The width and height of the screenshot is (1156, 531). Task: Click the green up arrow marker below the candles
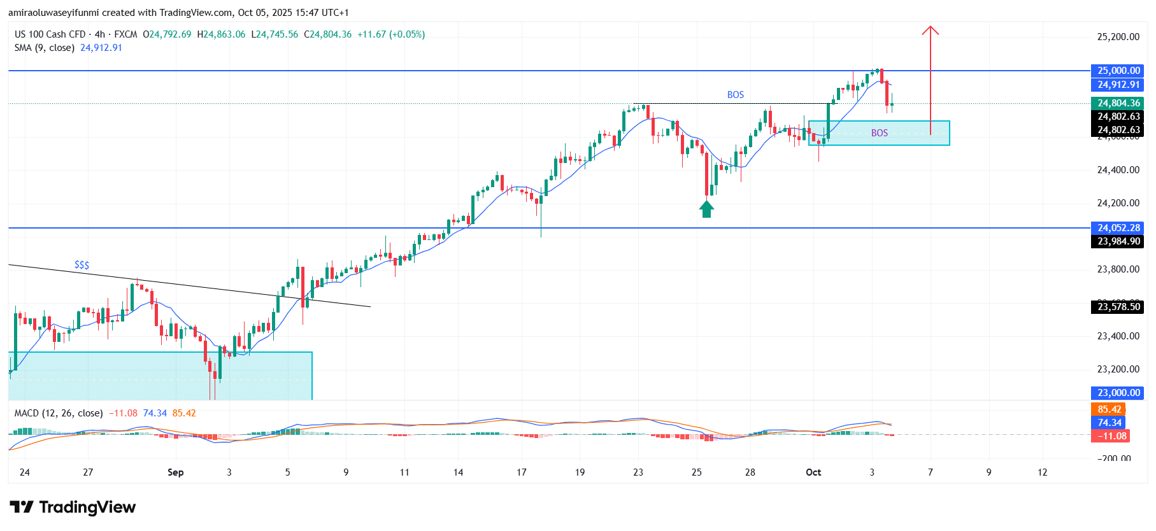coord(706,209)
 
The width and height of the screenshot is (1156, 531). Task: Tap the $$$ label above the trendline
coord(82,265)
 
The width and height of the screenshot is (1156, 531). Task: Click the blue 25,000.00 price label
coord(1118,71)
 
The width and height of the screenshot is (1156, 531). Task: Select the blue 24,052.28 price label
coord(1118,228)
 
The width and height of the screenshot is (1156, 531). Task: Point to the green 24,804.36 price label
coord(1118,103)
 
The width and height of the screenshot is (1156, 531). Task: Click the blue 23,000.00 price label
coord(1118,393)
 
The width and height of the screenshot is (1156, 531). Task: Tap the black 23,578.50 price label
coord(1118,307)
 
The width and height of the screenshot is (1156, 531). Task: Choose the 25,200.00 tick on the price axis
coord(1118,37)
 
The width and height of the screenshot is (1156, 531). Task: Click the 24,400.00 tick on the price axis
coord(1118,170)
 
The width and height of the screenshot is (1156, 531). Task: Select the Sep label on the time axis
coord(175,472)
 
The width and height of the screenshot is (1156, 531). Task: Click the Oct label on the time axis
coord(813,472)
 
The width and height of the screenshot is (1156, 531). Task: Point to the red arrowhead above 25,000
coord(931,30)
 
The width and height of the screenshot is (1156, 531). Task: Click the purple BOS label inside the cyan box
coord(880,133)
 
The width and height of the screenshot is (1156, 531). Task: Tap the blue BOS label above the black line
coord(736,95)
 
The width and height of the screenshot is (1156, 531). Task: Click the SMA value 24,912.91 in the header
coord(101,48)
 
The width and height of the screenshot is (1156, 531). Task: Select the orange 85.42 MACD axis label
coord(1109,409)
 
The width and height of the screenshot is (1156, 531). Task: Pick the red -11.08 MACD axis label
coord(1110,436)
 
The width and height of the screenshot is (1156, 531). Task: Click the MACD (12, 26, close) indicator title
coord(59,413)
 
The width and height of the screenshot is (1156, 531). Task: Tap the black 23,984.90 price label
coord(1118,241)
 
